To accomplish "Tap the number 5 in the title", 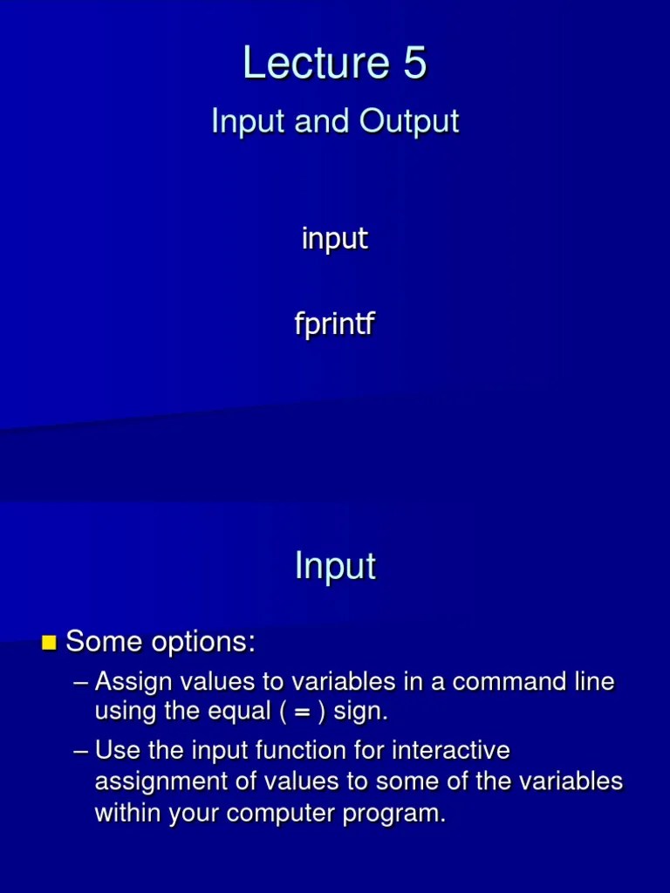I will pos(414,64).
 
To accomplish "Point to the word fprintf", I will pos(335,325).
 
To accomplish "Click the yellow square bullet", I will pos(49,644).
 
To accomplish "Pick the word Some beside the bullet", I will pos(102,643).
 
